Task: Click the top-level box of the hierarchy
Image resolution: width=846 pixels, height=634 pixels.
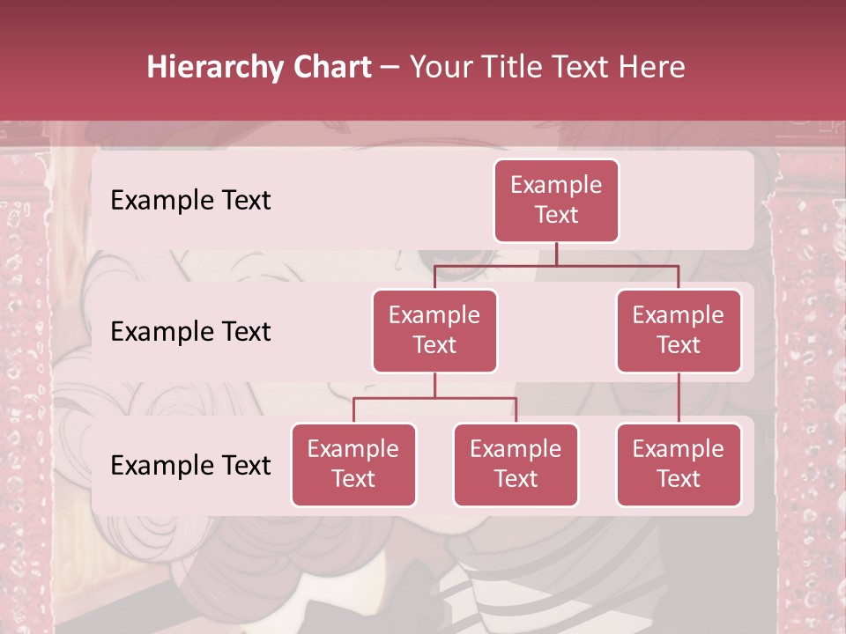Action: tap(556, 200)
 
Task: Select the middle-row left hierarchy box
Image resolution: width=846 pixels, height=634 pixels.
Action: tap(434, 330)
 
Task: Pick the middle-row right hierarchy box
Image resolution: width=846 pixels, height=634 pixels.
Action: tap(679, 330)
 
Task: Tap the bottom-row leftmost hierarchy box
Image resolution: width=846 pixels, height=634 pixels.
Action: tap(353, 464)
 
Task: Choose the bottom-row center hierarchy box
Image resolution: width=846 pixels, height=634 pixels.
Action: tap(516, 464)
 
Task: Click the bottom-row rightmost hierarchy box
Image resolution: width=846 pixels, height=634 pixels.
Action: tap(679, 464)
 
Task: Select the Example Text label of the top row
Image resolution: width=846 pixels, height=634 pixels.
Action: tap(190, 200)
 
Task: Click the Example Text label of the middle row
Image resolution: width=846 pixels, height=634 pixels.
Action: tap(190, 332)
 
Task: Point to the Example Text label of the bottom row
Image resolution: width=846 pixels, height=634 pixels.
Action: tap(190, 465)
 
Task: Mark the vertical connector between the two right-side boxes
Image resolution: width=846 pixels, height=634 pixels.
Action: tap(679, 397)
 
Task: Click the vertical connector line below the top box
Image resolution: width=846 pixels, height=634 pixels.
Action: tap(556, 254)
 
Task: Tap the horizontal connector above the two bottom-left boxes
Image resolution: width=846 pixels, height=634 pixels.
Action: tap(434, 398)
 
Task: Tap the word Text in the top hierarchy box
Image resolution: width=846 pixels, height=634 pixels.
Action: tap(556, 215)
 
